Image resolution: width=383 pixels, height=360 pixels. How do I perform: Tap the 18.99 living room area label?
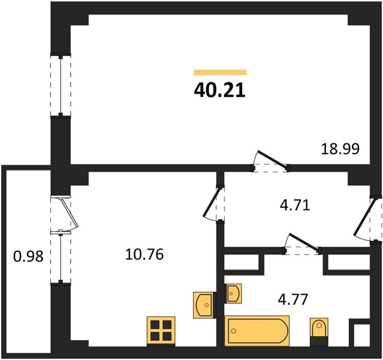(340, 149)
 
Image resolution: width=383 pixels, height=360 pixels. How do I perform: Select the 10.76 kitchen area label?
(144, 254)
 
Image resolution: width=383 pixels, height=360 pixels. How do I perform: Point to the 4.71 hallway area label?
(295, 205)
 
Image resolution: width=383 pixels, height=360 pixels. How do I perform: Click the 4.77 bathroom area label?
(293, 299)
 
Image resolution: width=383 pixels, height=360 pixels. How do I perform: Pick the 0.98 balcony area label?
(28, 257)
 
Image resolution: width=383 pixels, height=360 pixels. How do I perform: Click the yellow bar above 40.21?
(221, 72)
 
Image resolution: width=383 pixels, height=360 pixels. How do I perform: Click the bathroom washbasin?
(233, 293)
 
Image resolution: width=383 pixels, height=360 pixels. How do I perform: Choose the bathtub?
(257, 331)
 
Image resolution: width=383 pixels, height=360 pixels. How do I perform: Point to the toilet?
(319, 332)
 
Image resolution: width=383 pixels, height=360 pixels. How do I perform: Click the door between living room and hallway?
(270, 161)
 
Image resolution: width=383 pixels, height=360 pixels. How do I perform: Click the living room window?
(61, 85)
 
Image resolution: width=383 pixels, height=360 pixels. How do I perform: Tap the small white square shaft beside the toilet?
(362, 335)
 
